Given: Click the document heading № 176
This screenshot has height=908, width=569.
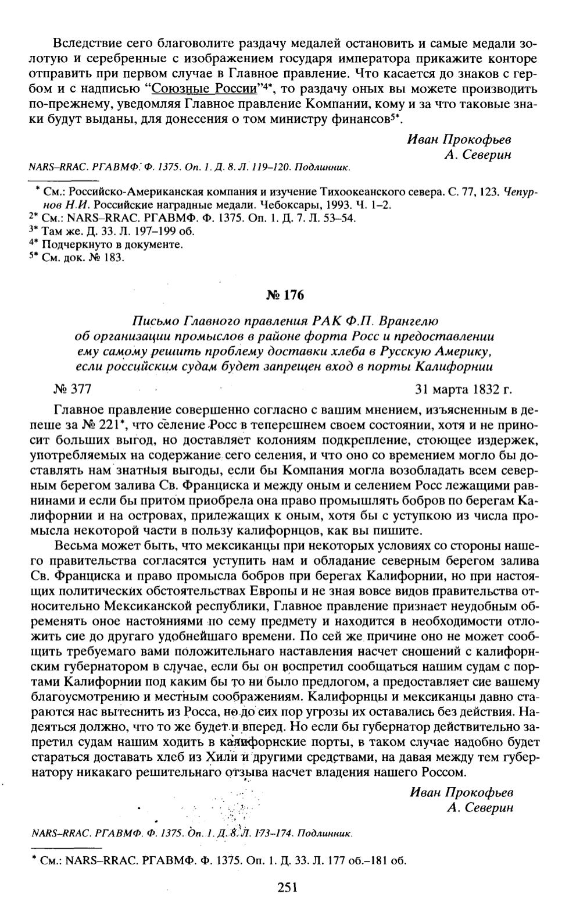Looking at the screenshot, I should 284,295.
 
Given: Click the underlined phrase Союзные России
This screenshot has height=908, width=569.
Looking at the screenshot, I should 203,89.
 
